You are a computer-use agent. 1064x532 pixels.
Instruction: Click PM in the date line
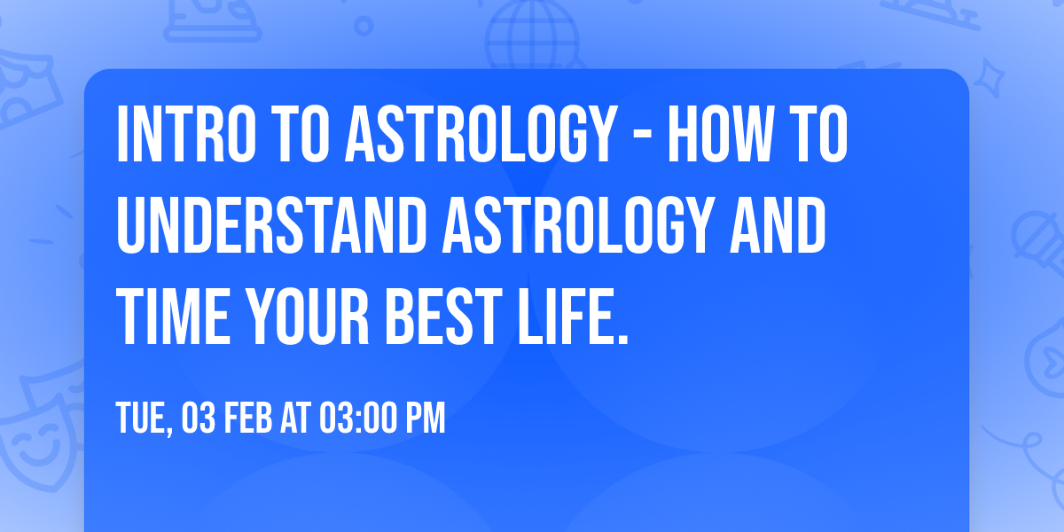425,419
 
